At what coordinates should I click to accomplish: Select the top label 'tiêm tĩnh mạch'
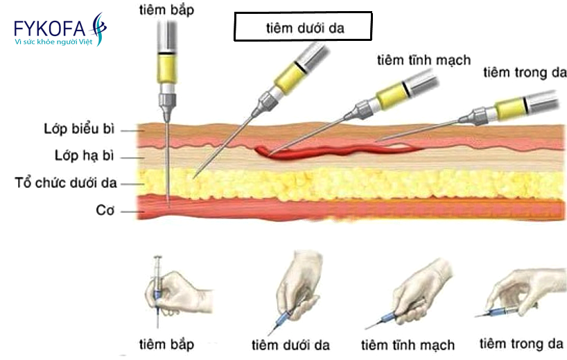[424, 60]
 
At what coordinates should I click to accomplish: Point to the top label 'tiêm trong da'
[525, 72]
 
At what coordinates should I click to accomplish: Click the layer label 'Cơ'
[105, 211]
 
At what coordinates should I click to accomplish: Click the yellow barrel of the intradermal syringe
[509, 108]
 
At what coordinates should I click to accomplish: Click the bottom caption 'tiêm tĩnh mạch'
[408, 345]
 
